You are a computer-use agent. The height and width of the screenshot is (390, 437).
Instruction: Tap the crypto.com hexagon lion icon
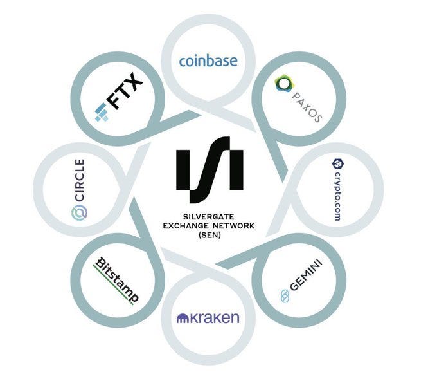337,165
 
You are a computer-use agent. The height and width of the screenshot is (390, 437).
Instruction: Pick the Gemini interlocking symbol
285,295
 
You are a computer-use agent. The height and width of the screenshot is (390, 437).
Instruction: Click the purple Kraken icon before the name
184,318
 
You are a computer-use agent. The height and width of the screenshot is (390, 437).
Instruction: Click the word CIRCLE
80,180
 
